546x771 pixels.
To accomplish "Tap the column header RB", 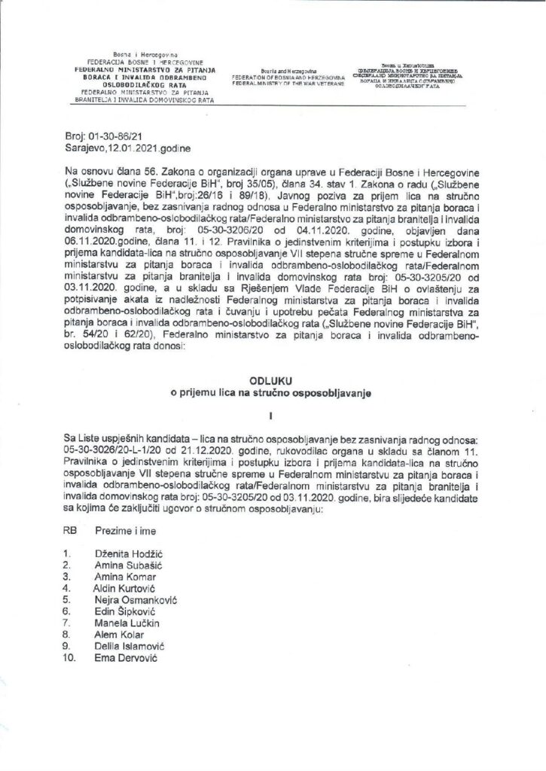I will coord(72,531).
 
